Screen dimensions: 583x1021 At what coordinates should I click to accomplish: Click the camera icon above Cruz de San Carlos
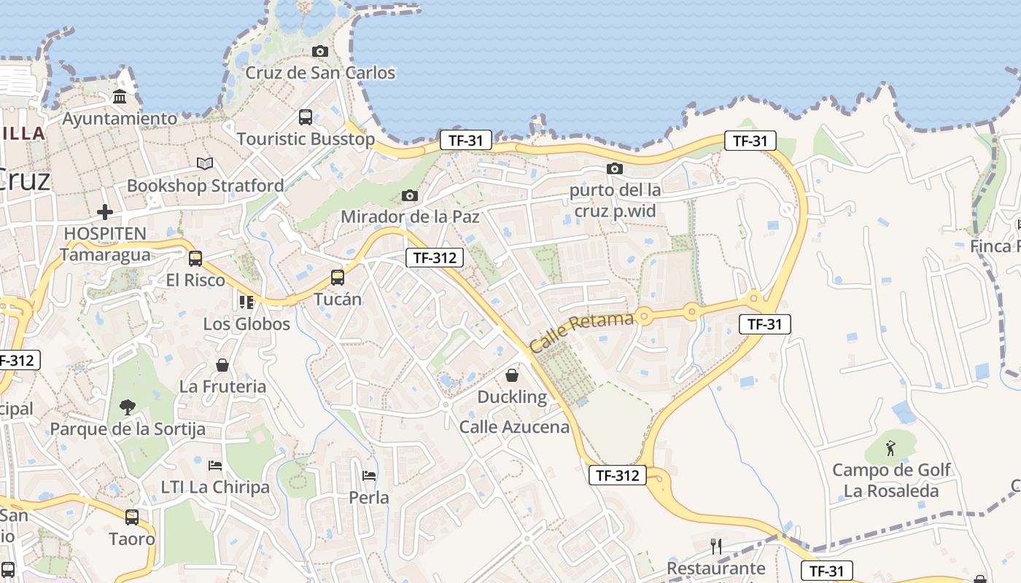[x=319, y=51]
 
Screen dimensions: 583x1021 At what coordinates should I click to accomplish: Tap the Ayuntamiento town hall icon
[x=120, y=96]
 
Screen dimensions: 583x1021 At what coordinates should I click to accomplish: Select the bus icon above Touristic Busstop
[x=306, y=117]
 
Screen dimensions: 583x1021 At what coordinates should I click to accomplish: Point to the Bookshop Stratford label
[x=206, y=186]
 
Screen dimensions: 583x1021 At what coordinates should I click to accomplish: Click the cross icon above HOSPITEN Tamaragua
[x=105, y=212]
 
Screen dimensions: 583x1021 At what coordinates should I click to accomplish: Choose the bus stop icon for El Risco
[x=195, y=258]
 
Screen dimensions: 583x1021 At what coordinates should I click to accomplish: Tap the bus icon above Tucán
[x=337, y=277]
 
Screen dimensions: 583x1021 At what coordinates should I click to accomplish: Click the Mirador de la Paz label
[x=411, y=216]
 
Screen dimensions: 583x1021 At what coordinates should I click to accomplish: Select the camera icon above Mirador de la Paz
[x=410, y=195]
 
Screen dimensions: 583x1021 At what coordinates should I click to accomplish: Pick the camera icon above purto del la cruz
[x=615, y=169]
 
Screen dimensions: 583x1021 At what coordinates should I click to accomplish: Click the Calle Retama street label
[x=581, y=332]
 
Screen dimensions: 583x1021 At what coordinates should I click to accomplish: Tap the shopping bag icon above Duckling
[x=512, y=375]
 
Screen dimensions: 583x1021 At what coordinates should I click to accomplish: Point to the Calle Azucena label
[x=514, y=427]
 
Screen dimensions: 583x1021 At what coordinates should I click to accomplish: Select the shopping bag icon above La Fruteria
[x=222, y=365]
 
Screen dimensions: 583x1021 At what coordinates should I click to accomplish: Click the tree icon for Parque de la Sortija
[x=128, y=407]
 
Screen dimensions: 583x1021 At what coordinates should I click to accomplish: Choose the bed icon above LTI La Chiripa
[x=215, y=465]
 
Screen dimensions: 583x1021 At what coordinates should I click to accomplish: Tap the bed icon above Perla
[x=369, y=476]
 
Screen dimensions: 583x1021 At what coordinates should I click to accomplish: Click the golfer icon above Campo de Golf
[x=891, y=447]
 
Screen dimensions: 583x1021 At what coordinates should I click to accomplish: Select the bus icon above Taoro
[x=132, y=517]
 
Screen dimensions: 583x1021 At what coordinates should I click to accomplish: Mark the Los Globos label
[x=246, y=324]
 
